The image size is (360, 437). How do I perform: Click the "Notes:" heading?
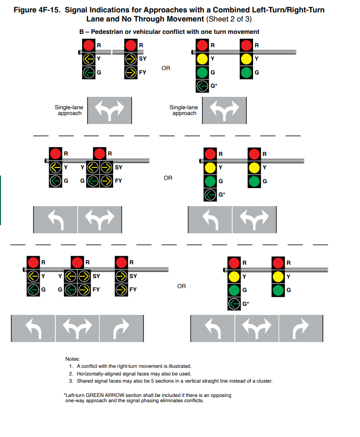pyautogui.click(x=73, y=359)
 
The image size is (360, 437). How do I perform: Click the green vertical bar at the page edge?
pyautogui.click(x=0, y=200)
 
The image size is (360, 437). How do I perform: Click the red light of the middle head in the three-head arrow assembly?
pyautogui.click(x=77, y=262)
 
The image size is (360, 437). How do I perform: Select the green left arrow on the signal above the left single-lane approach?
pyautogui.click(x=88, y=72)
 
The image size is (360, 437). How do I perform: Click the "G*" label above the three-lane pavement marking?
pyautogui.click(x=246, y=303)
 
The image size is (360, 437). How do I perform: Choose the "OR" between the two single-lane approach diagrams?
pyautogui.click(x=165, y=68)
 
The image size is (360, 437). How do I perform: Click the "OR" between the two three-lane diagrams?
pyautogui.click(x=181, y=286)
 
